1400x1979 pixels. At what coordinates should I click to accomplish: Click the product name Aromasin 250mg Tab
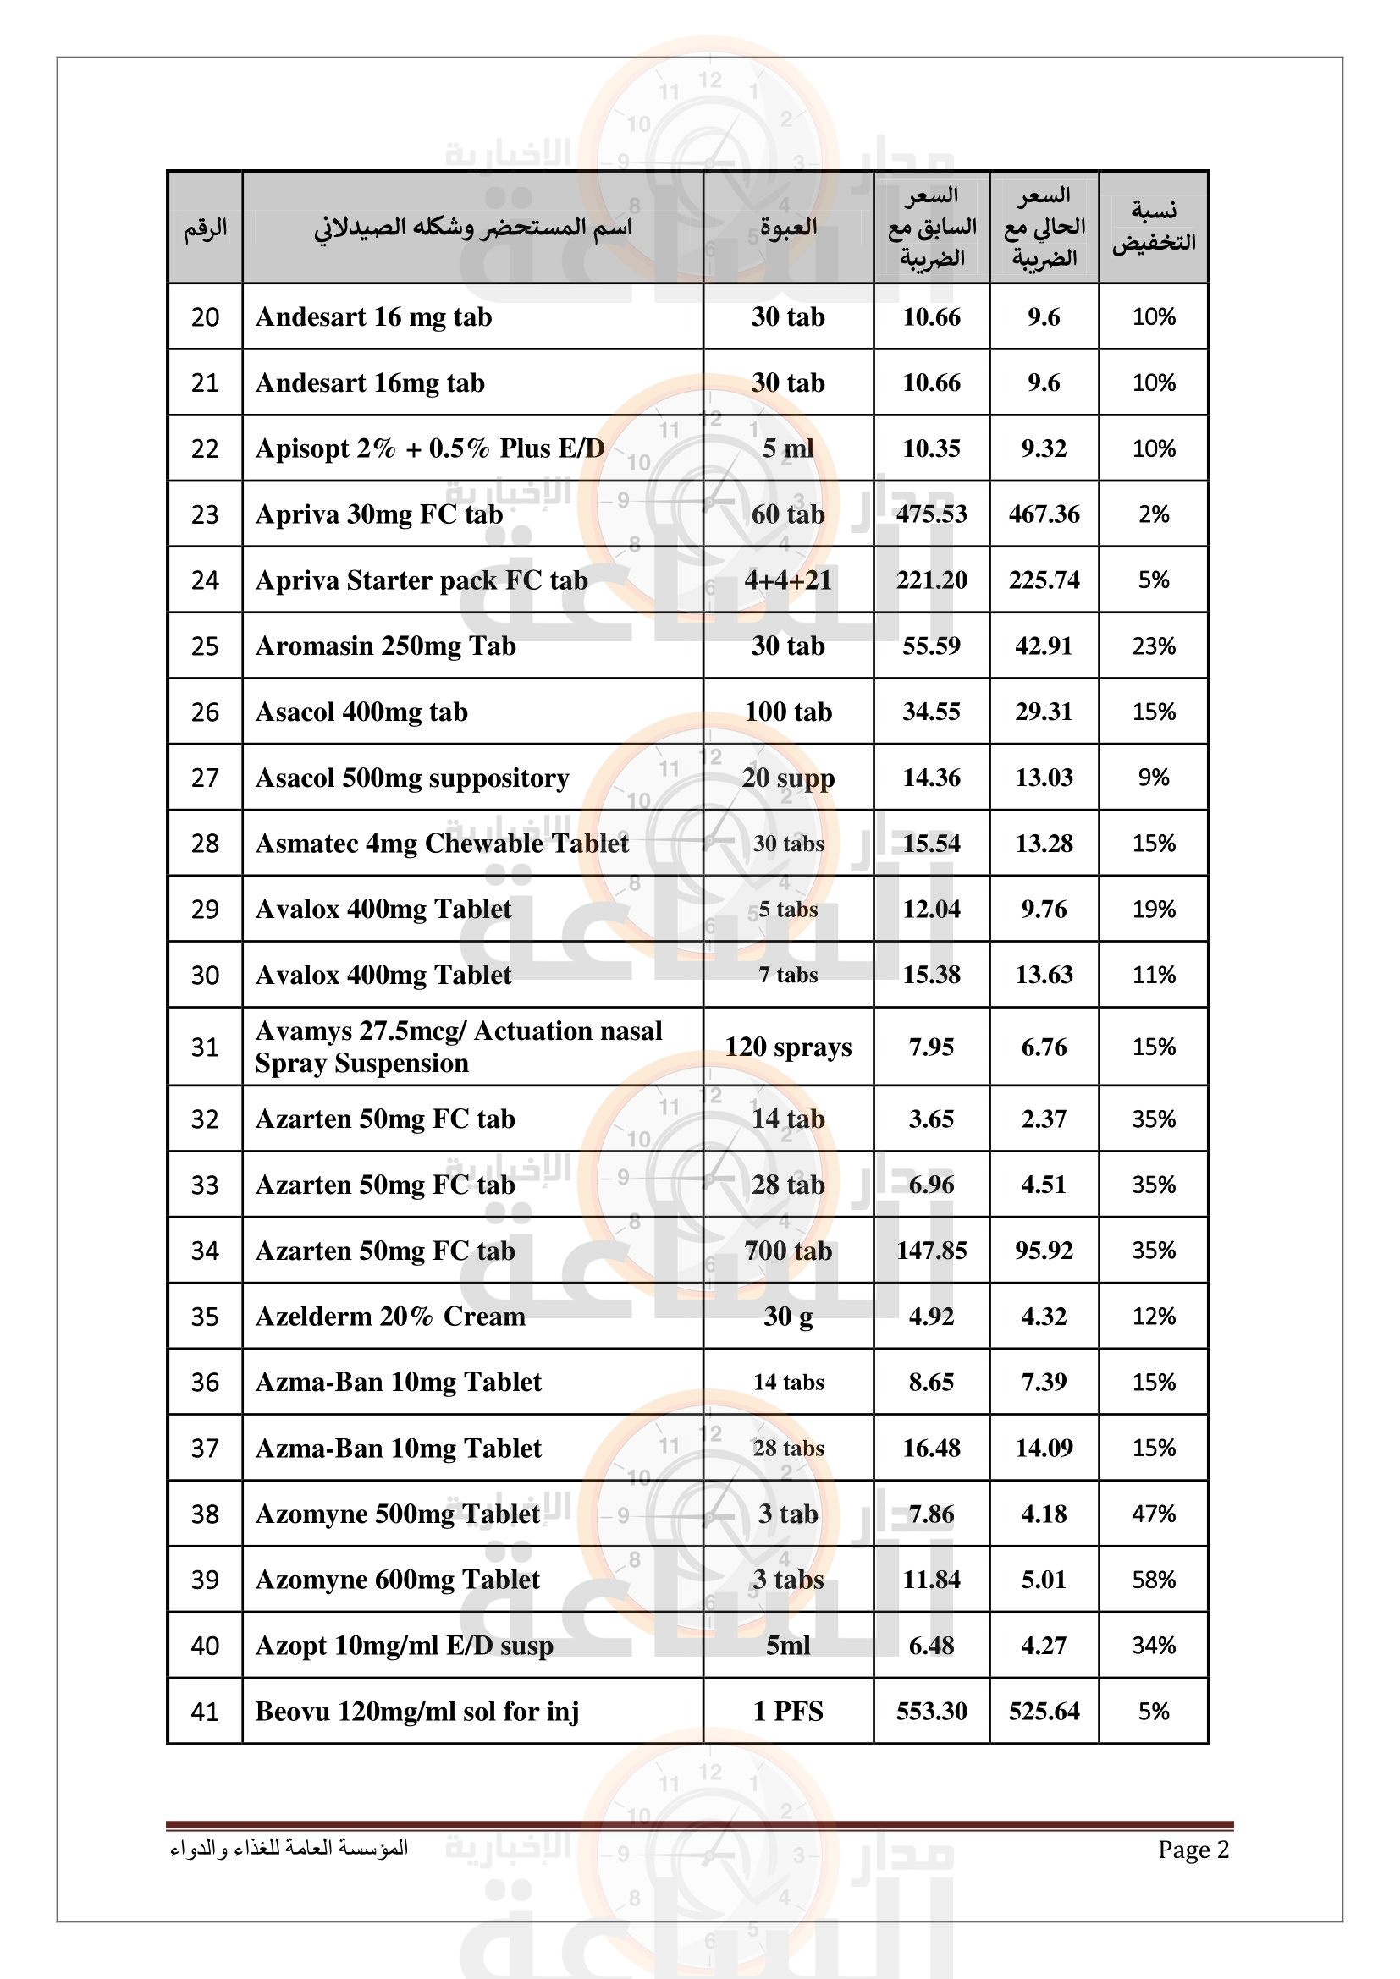(x=385, y=646)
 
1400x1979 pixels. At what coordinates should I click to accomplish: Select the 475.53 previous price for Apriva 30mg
(x=931, y=514)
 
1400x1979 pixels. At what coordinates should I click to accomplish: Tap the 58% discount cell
(x=1154, y=1579)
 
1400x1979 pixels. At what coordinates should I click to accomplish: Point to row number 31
(x=205, y=1047)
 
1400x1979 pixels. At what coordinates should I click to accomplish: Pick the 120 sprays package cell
(x=788, y=1047)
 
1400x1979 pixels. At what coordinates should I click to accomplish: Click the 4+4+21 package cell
(x=788, y=580)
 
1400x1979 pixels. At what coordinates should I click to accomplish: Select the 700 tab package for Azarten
(x=788, y=1250)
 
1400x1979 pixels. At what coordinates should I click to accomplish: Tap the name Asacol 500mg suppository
(x=412, y=778)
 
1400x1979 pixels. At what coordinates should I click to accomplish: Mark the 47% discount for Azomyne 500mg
(x=1154, y=1514)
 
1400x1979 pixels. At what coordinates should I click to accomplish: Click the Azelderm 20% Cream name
(x=389, y=1317)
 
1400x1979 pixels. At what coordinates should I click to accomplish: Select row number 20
(x=205, y=317)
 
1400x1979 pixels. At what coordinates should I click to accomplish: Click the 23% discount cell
(x=1154, y=646)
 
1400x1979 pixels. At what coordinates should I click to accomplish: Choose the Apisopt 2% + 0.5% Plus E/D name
(x=429, y=448)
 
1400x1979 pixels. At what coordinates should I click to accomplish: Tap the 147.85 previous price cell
(x=931, y=1250)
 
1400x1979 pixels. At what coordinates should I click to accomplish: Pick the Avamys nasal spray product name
(x=459, y=1047)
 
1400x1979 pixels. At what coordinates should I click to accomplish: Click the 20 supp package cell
(x=788, y=778)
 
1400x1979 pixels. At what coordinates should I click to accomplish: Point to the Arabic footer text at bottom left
(x=289, y=1848)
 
